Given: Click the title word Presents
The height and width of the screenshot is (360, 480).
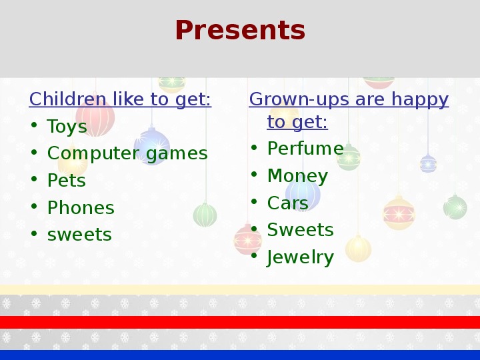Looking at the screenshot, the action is click(240, 30).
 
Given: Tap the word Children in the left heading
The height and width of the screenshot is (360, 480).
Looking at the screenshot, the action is click(67, 99).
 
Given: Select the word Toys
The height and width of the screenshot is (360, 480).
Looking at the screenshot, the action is click(67, 127).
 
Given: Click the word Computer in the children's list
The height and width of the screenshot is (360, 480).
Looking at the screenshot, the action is click(94, 153).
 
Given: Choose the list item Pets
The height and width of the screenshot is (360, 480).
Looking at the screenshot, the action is click(67, 180).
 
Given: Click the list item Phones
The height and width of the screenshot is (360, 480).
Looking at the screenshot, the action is click(81, 207).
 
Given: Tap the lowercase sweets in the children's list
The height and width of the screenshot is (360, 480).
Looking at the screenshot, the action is click(79, 235).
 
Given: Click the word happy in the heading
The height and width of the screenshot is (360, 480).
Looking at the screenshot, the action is click(420, 100).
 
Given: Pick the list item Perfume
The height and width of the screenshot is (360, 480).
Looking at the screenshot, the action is click(305, 149).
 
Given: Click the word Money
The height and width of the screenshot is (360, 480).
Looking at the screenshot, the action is click(297, 176).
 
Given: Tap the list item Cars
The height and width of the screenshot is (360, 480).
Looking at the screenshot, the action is click(287, 203).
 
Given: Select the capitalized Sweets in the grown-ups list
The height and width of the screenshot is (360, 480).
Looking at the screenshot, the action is click(300, 230).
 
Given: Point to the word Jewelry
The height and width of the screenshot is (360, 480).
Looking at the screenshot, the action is click(300, 257).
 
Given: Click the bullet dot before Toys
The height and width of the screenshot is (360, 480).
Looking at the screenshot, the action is click(34, 125).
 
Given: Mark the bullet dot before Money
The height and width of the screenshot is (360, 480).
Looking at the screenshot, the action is click(254, 174).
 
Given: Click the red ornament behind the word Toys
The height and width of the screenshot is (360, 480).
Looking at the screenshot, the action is click(95, 117).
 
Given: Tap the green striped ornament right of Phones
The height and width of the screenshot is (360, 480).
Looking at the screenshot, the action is click(205, 215).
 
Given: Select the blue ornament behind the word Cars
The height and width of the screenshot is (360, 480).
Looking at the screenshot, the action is click(303, 195).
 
